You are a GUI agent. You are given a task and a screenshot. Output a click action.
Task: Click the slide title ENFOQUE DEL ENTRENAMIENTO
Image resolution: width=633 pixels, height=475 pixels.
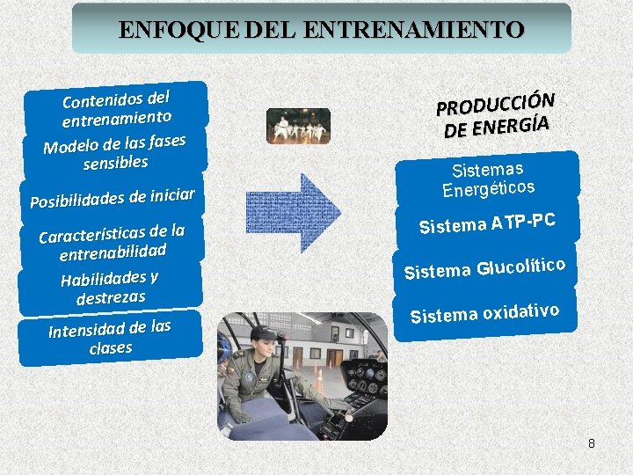[321, 29]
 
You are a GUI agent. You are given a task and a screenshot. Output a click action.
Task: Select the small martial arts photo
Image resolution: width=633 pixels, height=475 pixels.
[298, 126]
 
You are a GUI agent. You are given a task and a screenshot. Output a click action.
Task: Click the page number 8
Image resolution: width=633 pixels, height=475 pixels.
[592, 443]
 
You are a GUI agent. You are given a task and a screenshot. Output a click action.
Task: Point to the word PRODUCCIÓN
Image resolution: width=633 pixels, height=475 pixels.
[496, 97]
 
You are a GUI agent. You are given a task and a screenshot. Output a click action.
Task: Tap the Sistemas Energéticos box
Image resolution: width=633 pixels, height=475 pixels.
[488, 179]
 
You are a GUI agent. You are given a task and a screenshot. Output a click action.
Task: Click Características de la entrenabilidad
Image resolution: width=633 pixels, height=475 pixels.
[113, 243]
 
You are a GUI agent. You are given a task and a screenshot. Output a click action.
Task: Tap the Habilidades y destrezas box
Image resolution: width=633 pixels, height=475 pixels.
[110, 288]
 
